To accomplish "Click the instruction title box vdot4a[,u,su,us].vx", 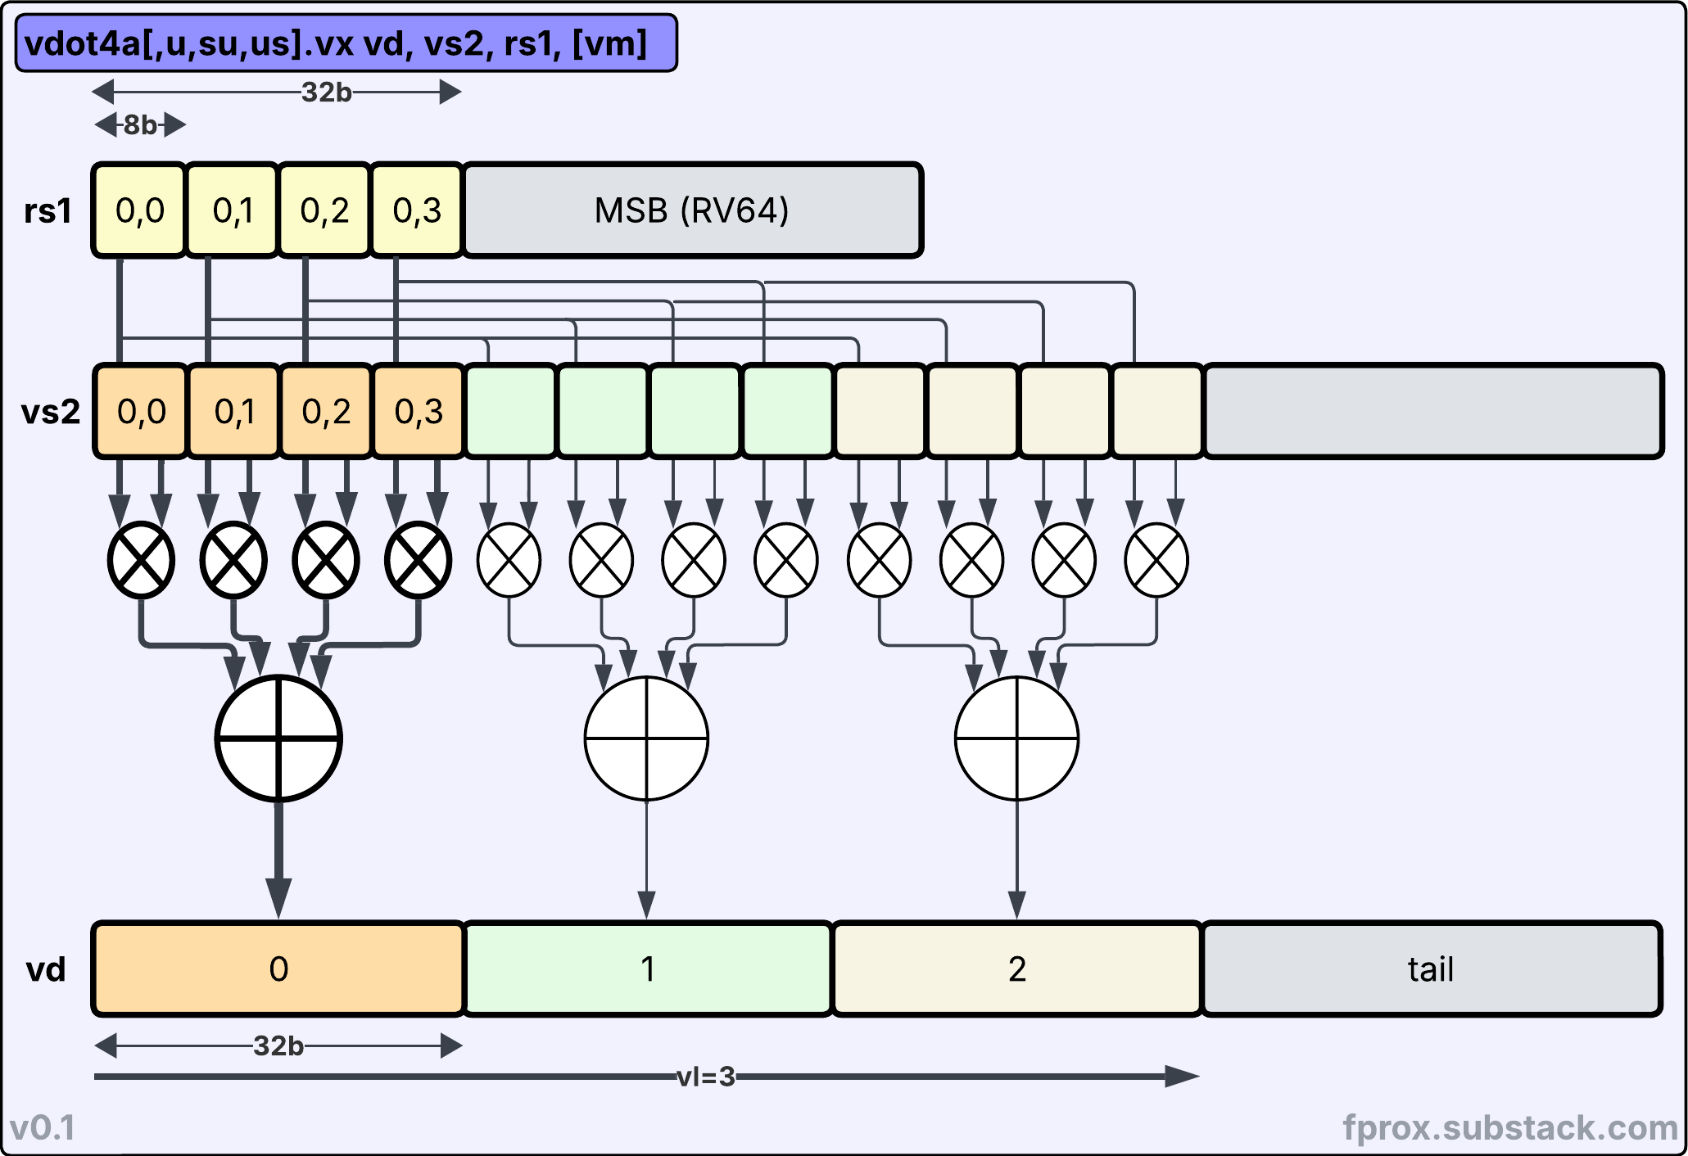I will [x=346, y=43].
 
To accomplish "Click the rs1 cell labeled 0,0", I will [x=139, y=210].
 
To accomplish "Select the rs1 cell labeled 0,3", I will [x=417, y=210].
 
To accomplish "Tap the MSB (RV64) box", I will [x=692, y=210].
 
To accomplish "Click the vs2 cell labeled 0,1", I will [x=234, y=411].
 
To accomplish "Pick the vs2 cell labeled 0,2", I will [x=326, y=411].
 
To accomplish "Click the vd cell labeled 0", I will [x=278, y=969].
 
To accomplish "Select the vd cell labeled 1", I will [x=648, y=969].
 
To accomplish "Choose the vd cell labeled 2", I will [x=1017, y=969].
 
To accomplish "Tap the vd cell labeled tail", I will [x=1431, y=969].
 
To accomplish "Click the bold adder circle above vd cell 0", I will [x=278, y=738].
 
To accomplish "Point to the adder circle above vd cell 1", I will [x=647, y=738].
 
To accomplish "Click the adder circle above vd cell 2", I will [x=1017, y=738].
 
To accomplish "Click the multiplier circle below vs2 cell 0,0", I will [x=141, y=561].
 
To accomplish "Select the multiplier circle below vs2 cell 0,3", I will [x=418, y=561].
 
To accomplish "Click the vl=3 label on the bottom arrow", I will [x=706, y=1077].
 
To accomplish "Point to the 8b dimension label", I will [x=140, y=125].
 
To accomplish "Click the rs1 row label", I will [x=48, y=211].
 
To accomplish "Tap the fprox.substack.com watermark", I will [x=1510, y=1127].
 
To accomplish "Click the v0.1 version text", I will [x=43, y=1128].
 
